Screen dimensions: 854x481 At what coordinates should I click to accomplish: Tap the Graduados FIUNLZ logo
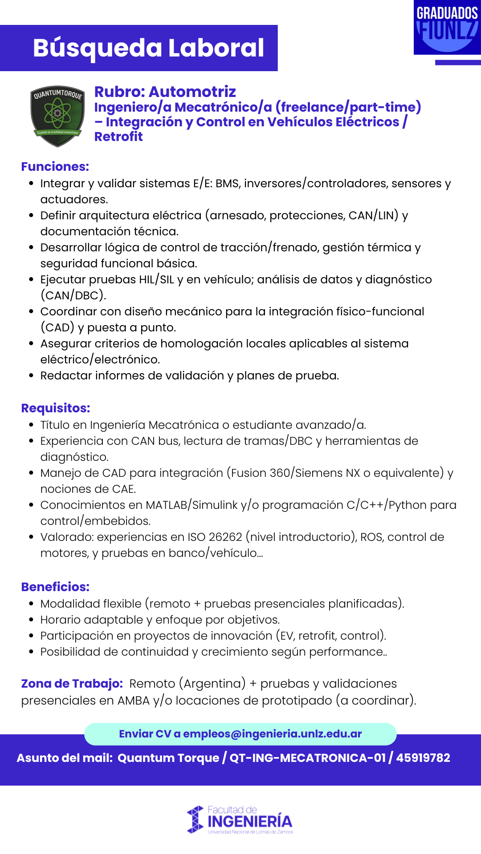(447, 28)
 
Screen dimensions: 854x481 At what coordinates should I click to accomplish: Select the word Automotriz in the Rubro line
(192, 92)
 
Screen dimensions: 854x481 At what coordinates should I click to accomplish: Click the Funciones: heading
(55, 167)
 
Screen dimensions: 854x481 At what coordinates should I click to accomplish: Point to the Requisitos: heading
(56, 408)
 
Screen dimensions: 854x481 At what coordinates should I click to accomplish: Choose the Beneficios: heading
(55, 587)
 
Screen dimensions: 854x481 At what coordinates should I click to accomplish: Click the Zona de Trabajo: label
(72, 684)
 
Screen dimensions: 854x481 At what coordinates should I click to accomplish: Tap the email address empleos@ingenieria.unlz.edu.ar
(272, 734)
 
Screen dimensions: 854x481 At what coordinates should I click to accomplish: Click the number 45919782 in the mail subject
(423, 758)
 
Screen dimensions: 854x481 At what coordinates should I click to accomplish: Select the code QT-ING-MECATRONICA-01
(307, 758)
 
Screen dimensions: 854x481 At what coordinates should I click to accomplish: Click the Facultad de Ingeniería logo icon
(195, 820)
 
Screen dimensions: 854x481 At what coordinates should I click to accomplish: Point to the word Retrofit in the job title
(118, 137)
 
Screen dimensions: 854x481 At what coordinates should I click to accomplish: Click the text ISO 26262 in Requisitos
(215, 537)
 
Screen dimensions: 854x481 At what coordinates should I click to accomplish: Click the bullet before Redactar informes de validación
(31, 376)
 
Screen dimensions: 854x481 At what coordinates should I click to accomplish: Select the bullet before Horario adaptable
(31, 620)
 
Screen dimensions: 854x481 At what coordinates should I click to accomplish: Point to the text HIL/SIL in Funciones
(156, 280)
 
